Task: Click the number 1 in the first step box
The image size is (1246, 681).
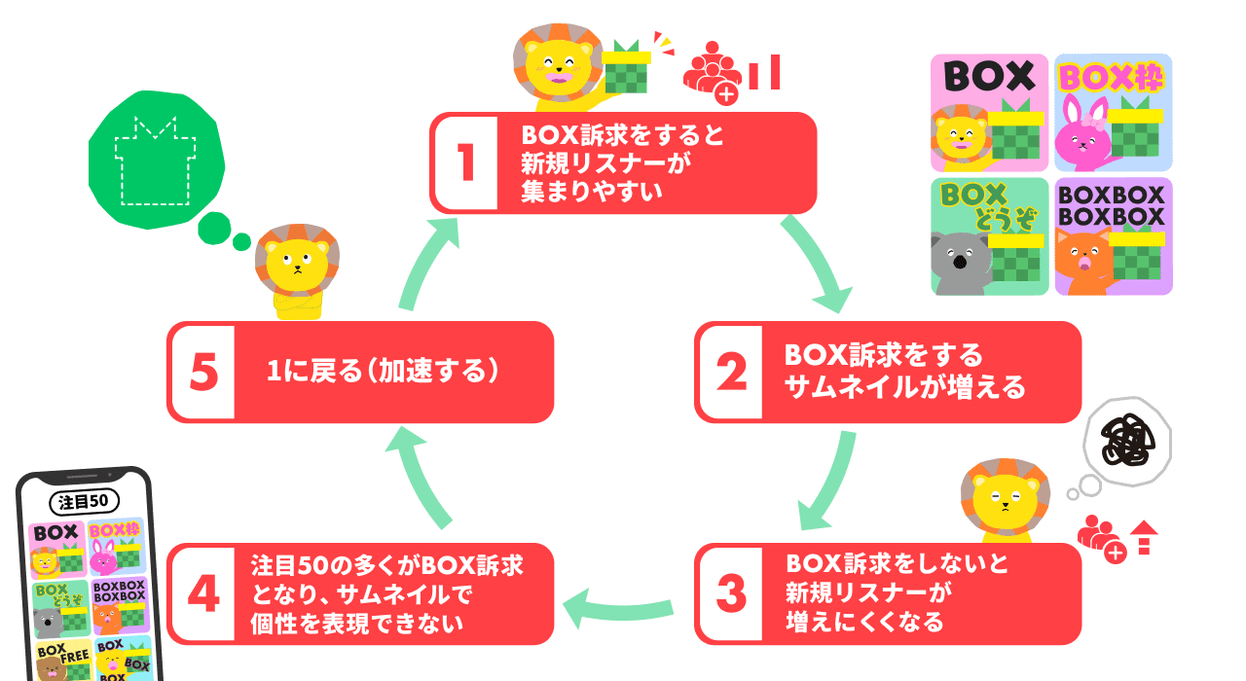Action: point(464,162)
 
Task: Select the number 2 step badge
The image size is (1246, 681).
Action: point(729,373)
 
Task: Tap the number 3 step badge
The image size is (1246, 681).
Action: point(729,593)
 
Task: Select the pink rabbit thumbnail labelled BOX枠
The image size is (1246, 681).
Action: point(1114,113)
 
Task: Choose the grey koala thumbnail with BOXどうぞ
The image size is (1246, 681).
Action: point(989,236)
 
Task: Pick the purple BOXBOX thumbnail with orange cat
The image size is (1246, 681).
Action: point(1114,236)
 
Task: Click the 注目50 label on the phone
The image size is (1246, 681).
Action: point(84,501)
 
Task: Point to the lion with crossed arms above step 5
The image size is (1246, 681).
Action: point(294,274)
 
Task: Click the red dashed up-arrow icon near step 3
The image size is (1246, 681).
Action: point(1145,538)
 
